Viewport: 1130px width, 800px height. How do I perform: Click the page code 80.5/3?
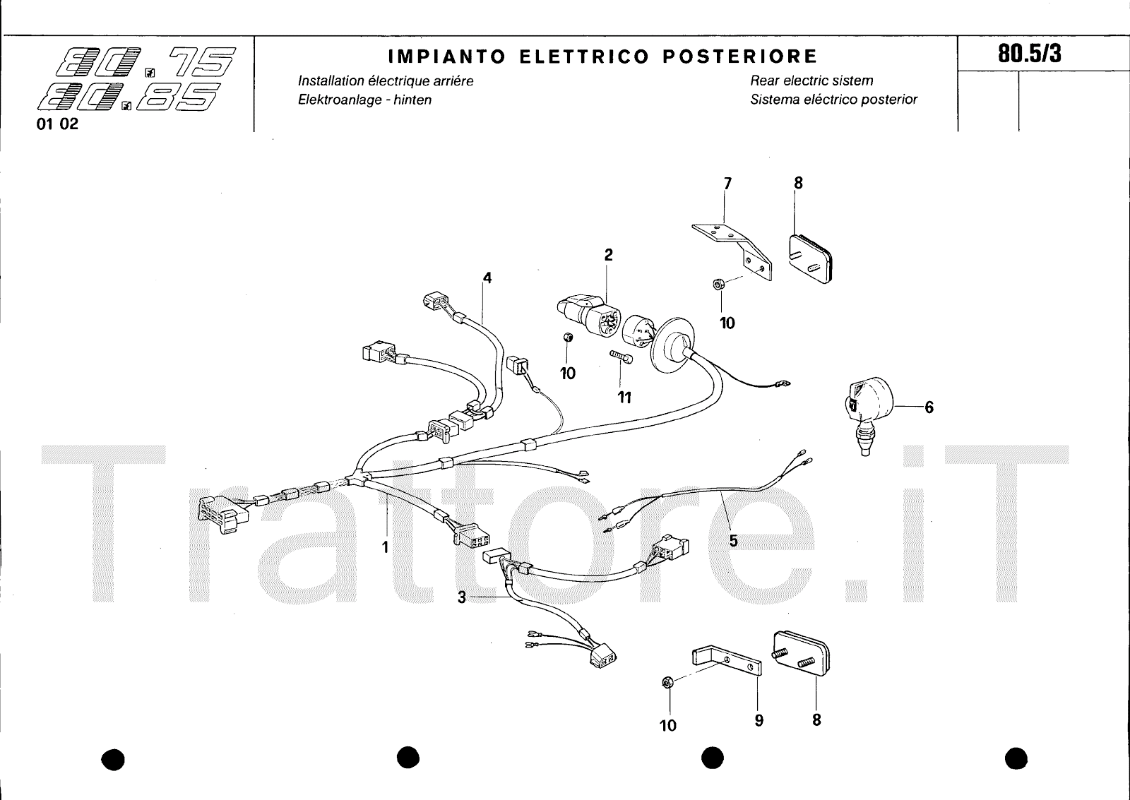point(1029,54)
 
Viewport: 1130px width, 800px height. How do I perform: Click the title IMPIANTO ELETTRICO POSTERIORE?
point(603,56)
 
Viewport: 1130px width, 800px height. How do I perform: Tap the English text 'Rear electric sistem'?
point(811,80)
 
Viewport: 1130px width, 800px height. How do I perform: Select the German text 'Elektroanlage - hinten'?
point(364,100)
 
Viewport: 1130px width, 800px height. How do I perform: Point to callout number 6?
point(929,407)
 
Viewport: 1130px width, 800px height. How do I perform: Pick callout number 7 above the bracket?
point(727,184)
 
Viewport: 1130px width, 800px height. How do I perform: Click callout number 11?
point(624,398)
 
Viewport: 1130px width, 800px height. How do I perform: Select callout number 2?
point(608,255)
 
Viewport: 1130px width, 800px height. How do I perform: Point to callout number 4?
point(487,278)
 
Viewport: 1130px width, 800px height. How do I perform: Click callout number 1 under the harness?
point(386,546)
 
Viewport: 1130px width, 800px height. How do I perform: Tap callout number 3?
point(462,597)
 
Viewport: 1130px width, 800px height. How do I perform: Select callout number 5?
point(733,541)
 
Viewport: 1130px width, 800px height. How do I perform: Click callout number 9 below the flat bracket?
point(759,721)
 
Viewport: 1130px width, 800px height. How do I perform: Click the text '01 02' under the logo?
point(58,125)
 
